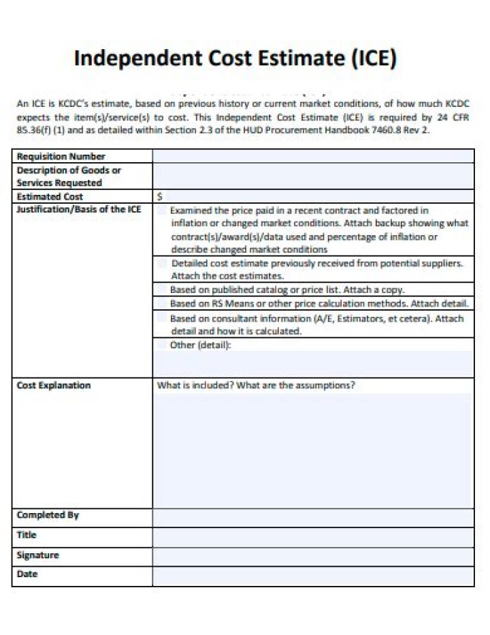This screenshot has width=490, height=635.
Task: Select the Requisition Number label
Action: (61, 157)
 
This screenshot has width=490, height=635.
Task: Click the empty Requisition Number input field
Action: (313, 157)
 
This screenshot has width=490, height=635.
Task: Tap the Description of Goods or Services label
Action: (68, 176)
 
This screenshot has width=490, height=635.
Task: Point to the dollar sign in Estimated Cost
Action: (160, 196)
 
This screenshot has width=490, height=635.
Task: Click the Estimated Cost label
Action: (50, 196)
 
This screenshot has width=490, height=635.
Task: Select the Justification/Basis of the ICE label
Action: (78, 209)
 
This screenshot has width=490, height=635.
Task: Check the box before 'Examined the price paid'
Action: (161, 211)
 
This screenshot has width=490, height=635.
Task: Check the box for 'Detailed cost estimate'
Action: (162, 263)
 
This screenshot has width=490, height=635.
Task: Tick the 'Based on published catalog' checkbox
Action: (161, 289)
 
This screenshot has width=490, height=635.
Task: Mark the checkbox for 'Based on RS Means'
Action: (161, 303)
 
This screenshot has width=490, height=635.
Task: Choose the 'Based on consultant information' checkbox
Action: (161, 318)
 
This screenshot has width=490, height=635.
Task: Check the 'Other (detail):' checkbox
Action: (161, 345)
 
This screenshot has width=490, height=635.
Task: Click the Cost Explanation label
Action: (53, 386)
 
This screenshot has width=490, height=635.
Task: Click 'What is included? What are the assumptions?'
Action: (256, 386)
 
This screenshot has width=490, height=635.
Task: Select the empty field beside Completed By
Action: (313, 517)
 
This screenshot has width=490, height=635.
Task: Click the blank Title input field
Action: (313, 536)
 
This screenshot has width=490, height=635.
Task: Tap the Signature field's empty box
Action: (313, 556)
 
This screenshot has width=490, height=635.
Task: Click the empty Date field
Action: (313, 576)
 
